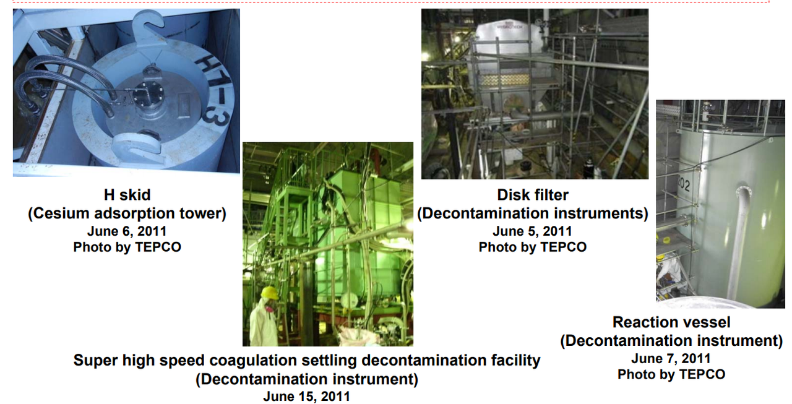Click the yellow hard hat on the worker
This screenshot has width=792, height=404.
[x=269, y=293]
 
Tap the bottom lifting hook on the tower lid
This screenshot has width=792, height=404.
[x=139, y=147]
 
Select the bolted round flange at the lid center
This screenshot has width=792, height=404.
[x=147, y=95]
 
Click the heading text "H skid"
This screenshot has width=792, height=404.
[x=127, y=195]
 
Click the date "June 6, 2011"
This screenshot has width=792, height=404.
[x=127, y=231]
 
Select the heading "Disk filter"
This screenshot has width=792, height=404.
[x=533, y=195]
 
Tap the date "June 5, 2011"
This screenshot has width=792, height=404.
[x=533, y=231]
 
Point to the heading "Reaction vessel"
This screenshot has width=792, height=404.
[x=671, y=322]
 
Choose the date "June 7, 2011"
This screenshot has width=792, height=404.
[x=671, y=358]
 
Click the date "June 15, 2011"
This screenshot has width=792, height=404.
[x=307, y=397]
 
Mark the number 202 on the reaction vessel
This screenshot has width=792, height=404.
[x=684, y=184]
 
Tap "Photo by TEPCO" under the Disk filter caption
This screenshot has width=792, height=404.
[x=533, y=247]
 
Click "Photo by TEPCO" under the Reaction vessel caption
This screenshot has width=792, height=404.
[x=671, y=374]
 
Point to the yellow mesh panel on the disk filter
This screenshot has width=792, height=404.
[x=512, y=81]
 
